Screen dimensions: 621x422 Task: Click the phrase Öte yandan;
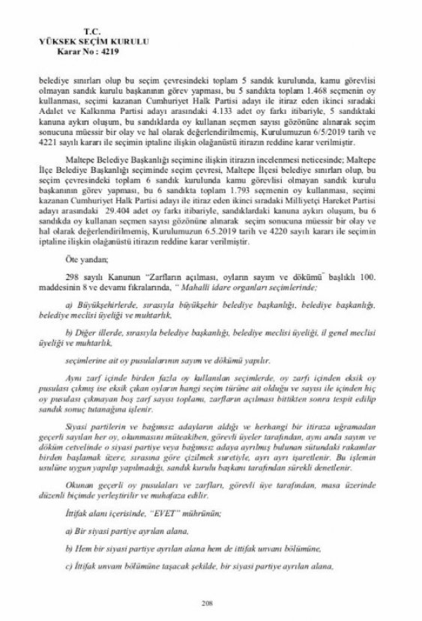click(81, 258)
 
